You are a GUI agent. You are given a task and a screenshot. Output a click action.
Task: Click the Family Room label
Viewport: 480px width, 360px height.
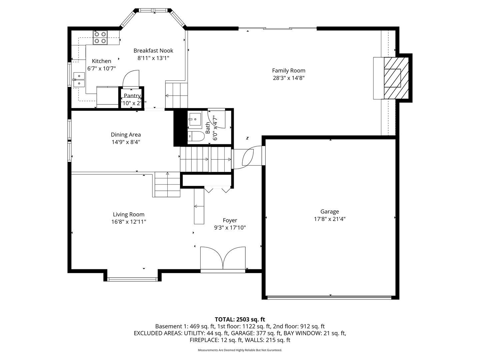[x=289, y=71]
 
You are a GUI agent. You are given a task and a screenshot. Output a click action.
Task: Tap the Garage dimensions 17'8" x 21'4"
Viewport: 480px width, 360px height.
[x=330, y=219]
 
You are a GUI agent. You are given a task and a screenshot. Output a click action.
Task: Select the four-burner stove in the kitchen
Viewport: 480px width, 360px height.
[x=100, y=37]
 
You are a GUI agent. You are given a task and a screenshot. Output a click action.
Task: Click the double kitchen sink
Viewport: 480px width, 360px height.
[x=79, y=80]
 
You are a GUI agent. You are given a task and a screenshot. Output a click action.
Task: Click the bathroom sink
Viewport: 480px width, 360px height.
[x=195, y=119]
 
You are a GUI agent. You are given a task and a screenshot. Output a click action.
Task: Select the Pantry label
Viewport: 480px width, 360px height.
[x=132, y=96]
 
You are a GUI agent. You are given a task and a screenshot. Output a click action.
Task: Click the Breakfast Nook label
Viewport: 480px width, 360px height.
[x=153, y=51]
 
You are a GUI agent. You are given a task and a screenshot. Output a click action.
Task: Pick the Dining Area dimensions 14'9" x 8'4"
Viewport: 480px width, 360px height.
[x=126, y=142]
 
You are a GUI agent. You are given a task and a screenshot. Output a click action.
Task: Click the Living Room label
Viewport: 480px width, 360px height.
[x=129, y=215]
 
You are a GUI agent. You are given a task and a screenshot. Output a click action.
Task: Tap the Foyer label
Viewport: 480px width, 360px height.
[x=230, y=220]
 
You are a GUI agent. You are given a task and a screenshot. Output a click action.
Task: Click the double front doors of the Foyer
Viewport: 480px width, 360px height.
[x=223, y=259]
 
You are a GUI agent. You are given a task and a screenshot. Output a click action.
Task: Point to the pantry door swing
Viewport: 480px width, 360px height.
[x=131, y=79]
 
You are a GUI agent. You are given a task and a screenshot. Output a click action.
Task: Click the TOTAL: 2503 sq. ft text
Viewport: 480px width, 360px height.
[x=240, y=319]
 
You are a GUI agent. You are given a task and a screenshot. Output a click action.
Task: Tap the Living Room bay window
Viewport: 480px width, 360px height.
[x=132, y=279]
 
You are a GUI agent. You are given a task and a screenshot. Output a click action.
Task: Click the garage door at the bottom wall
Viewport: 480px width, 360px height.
[x=330, y=297]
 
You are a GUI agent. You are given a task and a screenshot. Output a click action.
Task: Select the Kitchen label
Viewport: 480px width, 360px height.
[x=101, y=61]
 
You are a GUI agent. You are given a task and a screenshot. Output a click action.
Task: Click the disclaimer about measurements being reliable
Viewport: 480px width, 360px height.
[x=240, y=350]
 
